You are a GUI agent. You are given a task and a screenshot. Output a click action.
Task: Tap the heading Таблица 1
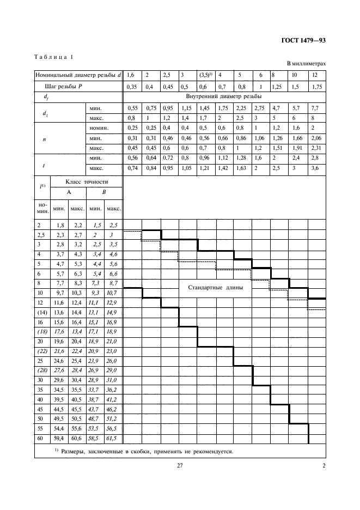click(53, 57)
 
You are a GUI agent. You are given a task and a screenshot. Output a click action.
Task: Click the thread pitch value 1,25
click(277, 86)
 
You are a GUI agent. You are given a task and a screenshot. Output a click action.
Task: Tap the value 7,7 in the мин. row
click(314, 108)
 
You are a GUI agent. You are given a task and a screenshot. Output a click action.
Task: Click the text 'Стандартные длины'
click(215, 288)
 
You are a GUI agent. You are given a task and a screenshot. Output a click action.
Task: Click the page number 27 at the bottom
click(179, 465)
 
